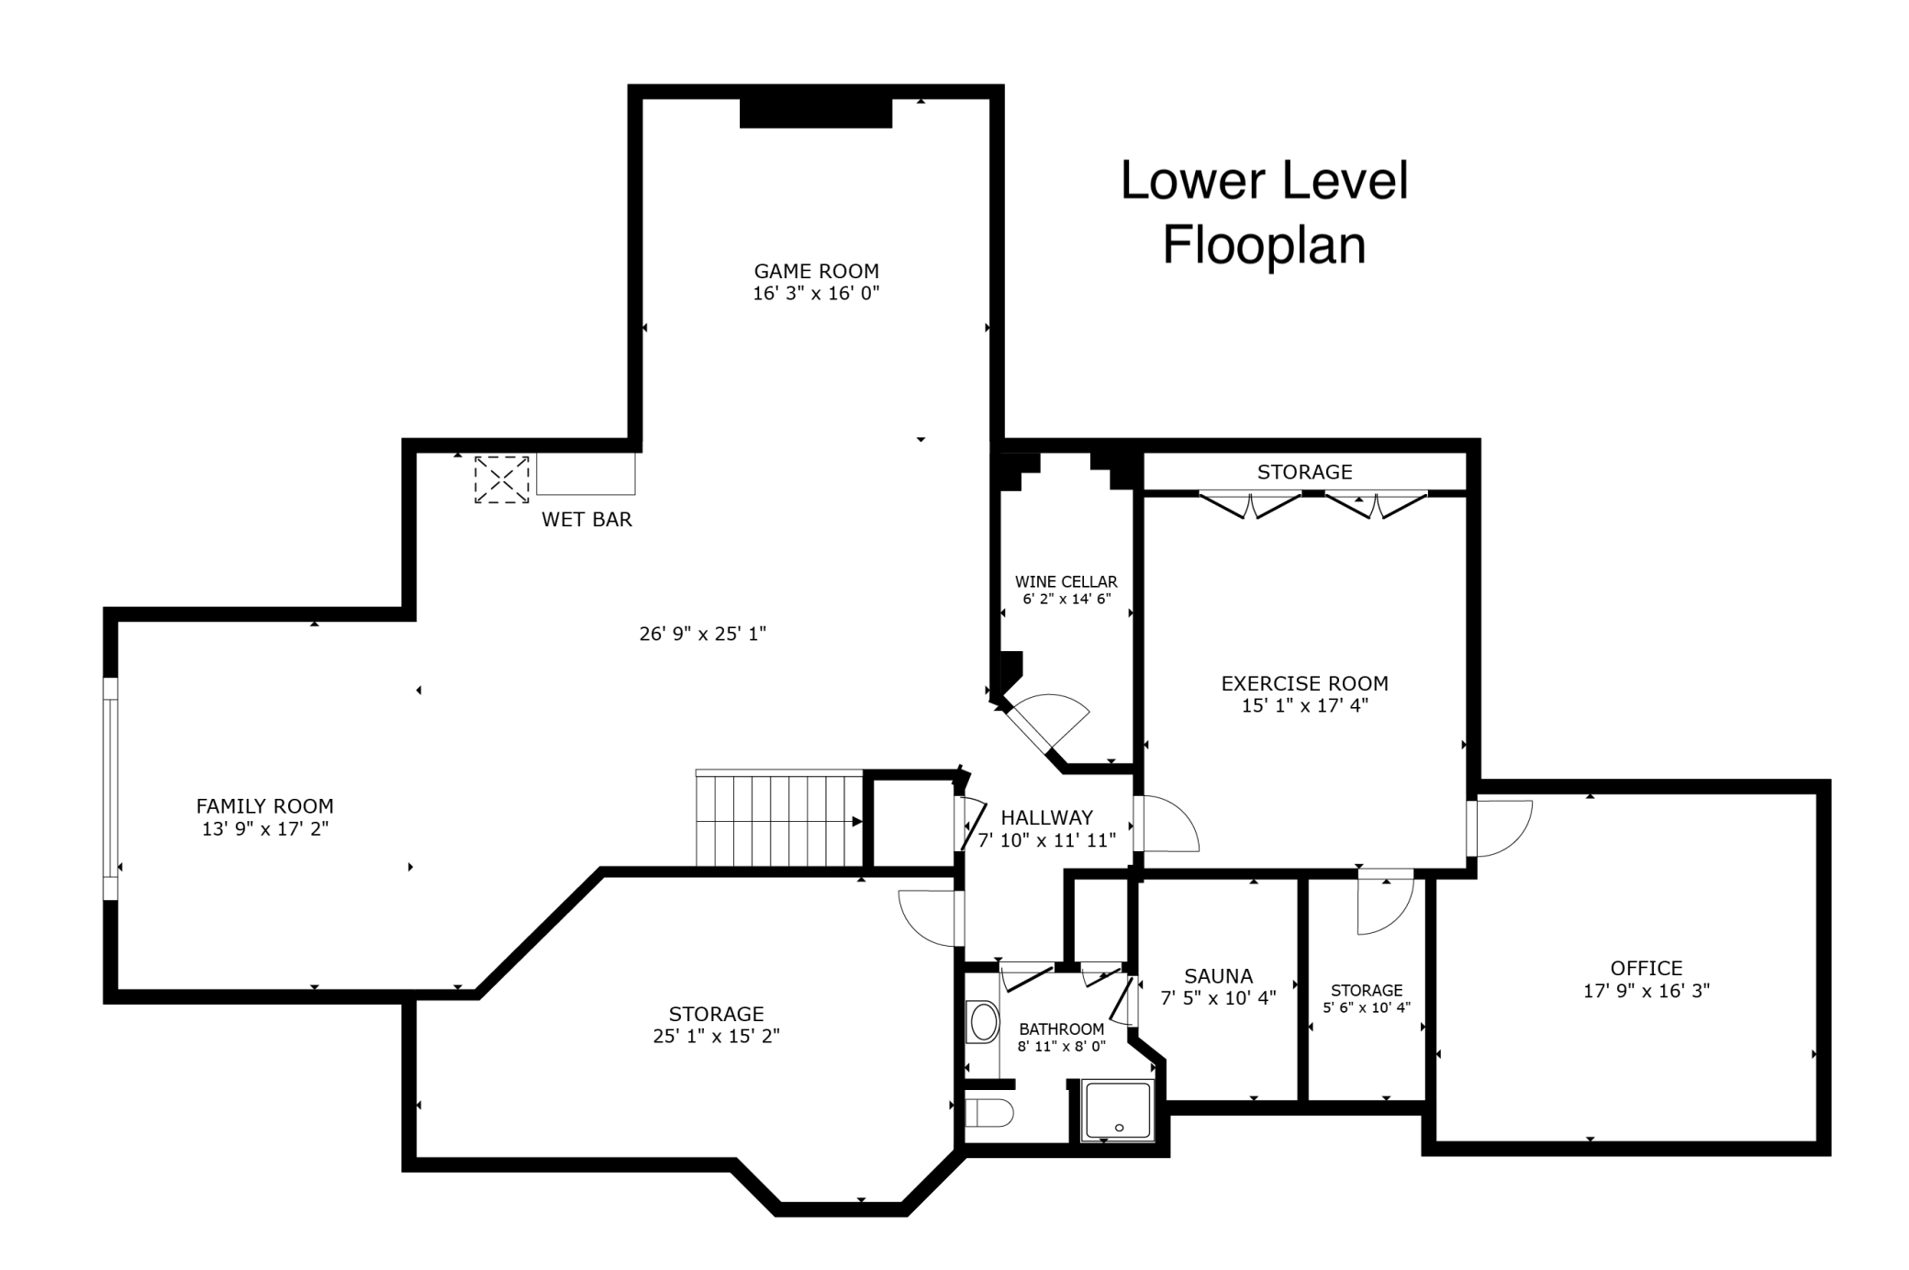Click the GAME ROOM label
click(816, 271)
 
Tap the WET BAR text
click(586, 520)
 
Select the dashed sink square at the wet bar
click(501, 478)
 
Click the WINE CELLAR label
click(1066, 581)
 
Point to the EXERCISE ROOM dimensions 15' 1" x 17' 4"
click(1304, 705)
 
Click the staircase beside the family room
click(779, 818)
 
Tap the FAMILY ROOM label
click(264, 806)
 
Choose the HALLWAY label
click(1046, 817)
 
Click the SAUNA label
click(1218, 976)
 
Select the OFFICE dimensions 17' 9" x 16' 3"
click(1646, 991)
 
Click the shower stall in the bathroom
click(1116, 1110)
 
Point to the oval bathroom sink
click(984, 1022)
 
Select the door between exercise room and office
click(1498, 828)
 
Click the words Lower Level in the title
click(1264, 180)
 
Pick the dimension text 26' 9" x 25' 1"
click(702, 634)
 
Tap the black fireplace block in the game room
click(816, 113)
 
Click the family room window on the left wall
click(110, 789)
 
